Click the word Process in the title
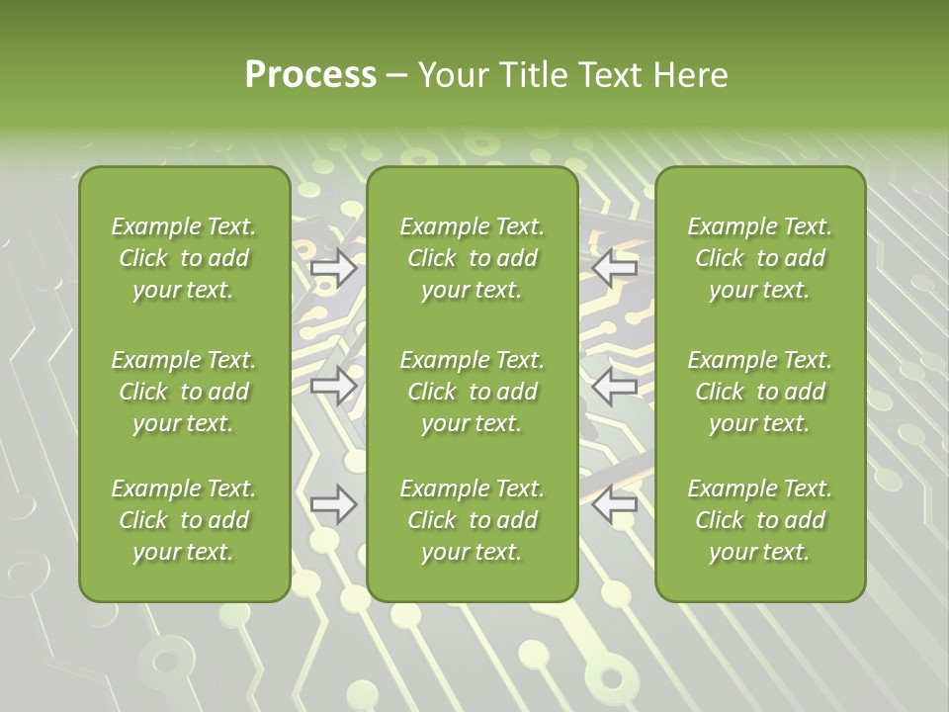[x=310, y=75]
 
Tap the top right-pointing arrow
[x=334, y=268]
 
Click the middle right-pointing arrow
[x=334, y=386]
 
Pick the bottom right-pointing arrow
[x=334, y=504]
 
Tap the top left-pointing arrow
[x=615, y=268]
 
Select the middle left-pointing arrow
[x=615, y=386]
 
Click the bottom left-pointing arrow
[x=615, y=504]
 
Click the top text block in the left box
[x=184, y=258]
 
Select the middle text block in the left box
[x=184, y=392]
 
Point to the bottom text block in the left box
[x=184, y=520]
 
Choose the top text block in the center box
[x=472, y=258]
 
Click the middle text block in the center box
[x=472, y=392]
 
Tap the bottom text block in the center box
[x=472, y=520]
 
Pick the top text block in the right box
[x=759, y=258]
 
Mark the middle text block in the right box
[x=759, y=392]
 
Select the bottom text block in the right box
[x=759, y=520]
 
